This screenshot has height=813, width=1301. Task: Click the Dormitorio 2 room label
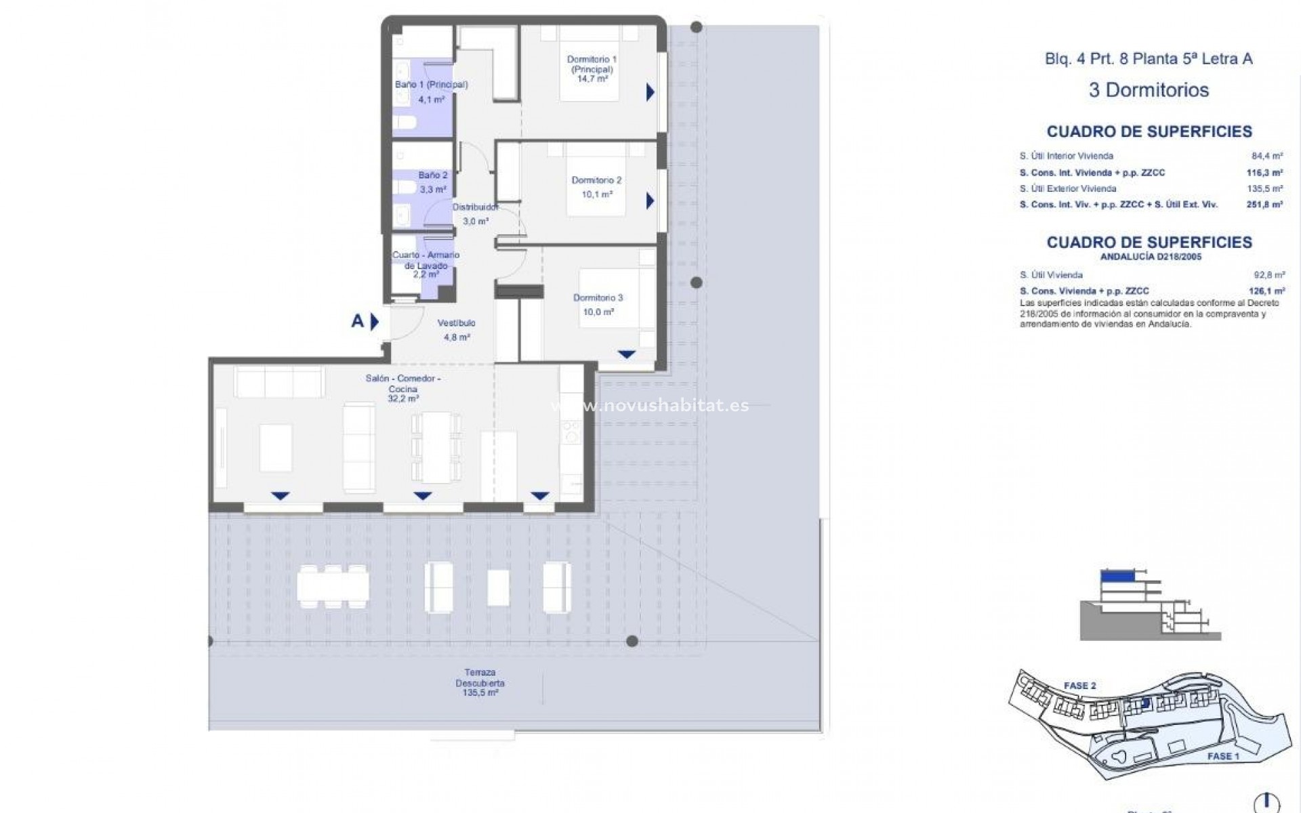click(596, 180)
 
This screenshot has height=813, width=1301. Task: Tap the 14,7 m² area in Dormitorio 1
click(592, 79)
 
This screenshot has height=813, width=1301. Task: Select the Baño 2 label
click(432, 175)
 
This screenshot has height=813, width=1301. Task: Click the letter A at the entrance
click(358, 321)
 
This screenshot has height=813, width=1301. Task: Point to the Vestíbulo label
click(456, 323)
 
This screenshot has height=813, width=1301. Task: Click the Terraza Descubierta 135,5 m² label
click(480, 683)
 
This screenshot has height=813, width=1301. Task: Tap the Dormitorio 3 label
click(598, 298)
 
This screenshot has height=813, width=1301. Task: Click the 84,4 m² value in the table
click(1266, 156)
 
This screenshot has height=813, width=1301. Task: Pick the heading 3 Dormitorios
click(1149, 90)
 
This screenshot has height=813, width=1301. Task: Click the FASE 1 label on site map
click(1224, 756)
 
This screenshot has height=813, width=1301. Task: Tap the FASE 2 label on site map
click(1079, 686)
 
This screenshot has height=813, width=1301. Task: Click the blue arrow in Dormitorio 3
click(626, 354)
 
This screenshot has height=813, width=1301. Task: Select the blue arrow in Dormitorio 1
click(650, 92)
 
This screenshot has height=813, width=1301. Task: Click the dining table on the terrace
click(333, 586)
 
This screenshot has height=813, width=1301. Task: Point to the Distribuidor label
click(476, 207)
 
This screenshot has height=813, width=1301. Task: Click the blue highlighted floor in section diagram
click(1117, 577)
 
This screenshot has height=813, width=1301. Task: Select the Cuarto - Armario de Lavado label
click(426, 260)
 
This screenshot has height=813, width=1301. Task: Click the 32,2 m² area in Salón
click(402, 399)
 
